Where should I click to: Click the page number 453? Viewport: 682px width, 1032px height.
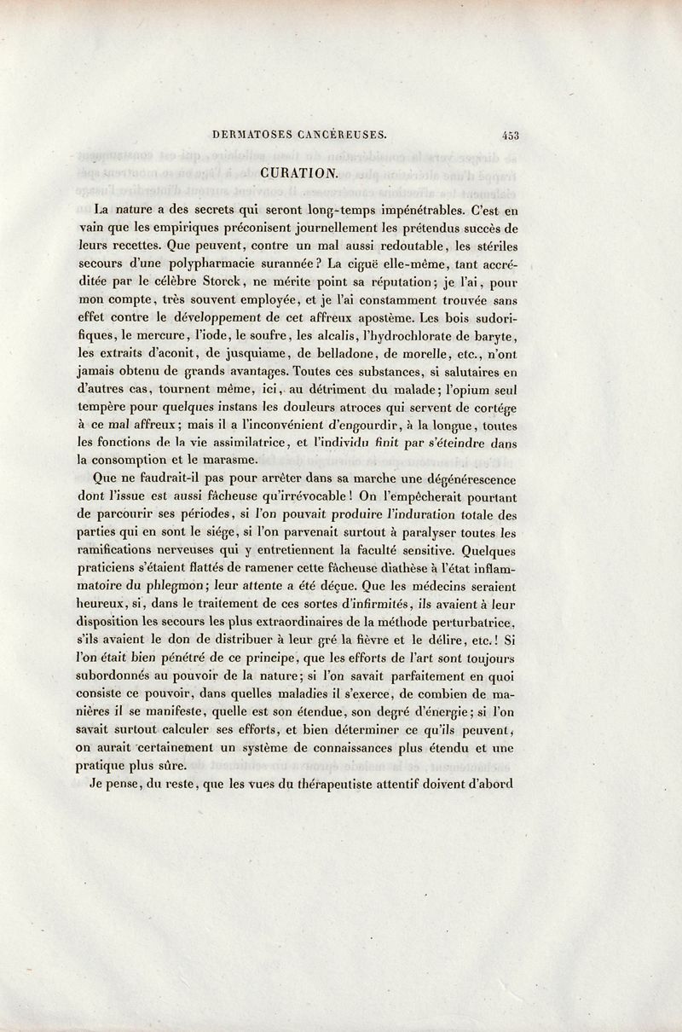511,134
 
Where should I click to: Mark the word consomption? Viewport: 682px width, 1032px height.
135,461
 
